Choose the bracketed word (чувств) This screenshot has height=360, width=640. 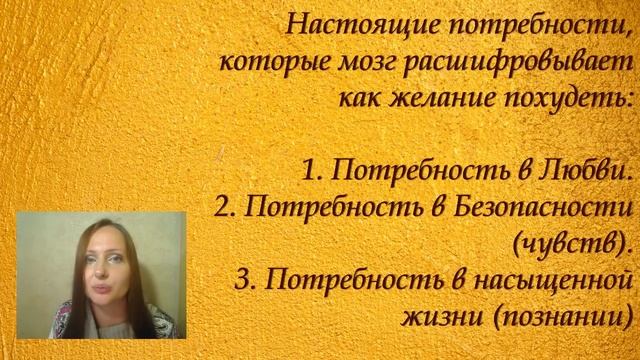click(x=574, y=243)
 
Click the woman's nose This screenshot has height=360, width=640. click(x=99, y=277)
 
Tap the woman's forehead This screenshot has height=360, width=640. click(x=99, y=240)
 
